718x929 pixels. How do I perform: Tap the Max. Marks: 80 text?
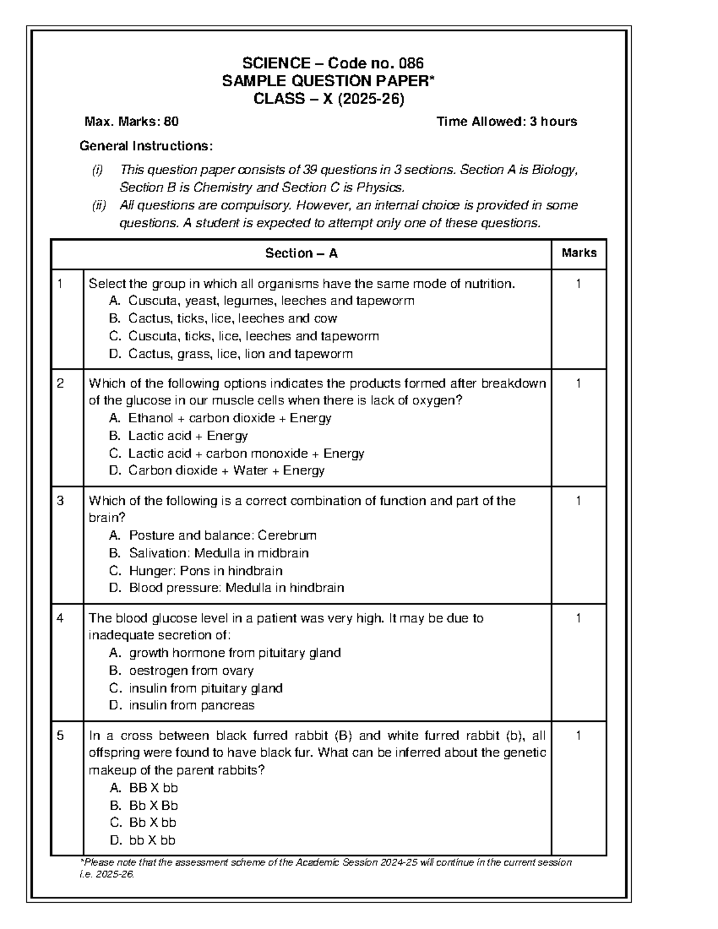(x=132, y=122)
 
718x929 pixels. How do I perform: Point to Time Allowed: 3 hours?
(x=506, y=122)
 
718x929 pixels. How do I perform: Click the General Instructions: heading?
(x=146, y=147)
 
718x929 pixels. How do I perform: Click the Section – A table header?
(x=302, y=254)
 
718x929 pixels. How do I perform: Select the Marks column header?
(x=579, y=253)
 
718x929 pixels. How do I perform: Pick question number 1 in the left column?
(x=60, y=284)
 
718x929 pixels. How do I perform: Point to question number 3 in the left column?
(x=60, y=501)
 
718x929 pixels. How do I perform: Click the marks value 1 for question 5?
(x=578, y=736)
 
